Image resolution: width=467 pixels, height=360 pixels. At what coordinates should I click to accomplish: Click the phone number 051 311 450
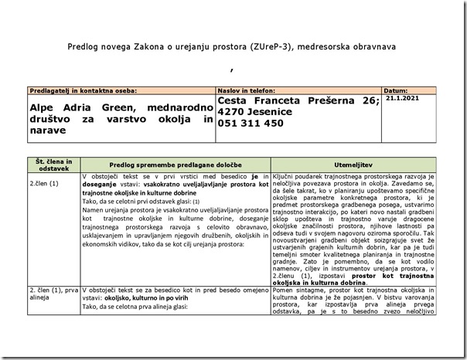click(x=251, y=123)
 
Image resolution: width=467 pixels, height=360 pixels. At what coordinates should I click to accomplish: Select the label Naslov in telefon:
click(x=244, y=90)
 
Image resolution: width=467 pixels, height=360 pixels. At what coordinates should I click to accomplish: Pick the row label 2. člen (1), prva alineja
click(x=50, y=293)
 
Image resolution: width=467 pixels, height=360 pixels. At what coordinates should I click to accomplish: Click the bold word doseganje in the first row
click(x=101, y=185)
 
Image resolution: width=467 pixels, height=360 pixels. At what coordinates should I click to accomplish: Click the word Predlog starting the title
click(x=84, y=47)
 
